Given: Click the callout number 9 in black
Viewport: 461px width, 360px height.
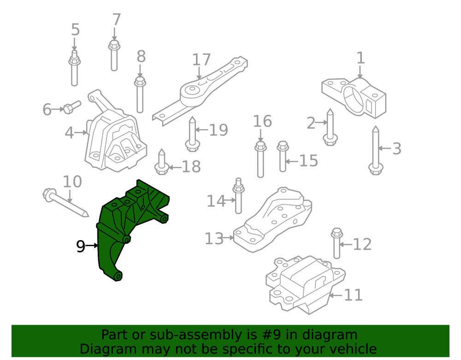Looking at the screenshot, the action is (80, 246).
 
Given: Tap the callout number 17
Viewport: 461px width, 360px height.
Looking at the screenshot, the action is (201, 59).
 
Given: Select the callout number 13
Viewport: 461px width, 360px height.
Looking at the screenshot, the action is (214, 239).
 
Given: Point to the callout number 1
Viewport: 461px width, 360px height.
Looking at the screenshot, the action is (361, 58).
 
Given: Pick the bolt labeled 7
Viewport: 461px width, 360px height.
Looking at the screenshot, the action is (114, 55).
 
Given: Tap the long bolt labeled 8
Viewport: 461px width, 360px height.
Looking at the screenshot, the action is (140, 94).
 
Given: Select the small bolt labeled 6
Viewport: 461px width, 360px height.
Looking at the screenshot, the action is (72, 107).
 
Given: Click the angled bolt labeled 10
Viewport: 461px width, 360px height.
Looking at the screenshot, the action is (65, 202).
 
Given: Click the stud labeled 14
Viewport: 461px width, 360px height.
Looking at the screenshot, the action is (238, 196).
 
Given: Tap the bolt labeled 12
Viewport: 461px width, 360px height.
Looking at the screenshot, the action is (337, 243).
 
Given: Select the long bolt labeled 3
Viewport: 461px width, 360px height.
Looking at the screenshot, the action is (375, 150).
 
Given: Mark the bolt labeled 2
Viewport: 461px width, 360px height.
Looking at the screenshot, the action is (330, 127).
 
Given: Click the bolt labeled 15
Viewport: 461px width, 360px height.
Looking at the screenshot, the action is (283, 156).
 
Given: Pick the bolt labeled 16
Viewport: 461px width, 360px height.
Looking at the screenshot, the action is (260, 159).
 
